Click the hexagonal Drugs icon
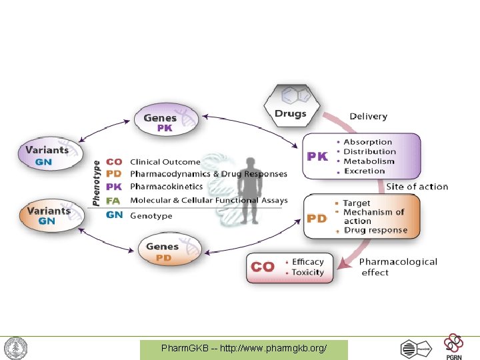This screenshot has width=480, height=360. [291, 103]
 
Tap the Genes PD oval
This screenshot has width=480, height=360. [163, 251]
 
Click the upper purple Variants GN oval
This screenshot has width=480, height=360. [47, 154]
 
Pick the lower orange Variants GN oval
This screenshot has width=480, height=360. [47, 215]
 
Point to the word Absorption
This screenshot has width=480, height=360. [368, 142]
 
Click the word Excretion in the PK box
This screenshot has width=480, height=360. [365, 171]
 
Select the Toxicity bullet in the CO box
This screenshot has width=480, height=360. [307, 272]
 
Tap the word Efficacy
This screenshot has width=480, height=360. [307, 262]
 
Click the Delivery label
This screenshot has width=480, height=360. [368, 116]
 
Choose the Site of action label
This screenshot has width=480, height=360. [417, 187]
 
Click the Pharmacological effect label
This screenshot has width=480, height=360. [398, 267]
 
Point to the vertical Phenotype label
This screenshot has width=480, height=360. [96, 181]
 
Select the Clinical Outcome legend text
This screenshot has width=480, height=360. [165, 162]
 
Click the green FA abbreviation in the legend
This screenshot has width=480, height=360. [114, 200]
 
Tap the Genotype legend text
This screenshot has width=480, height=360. [151, 215]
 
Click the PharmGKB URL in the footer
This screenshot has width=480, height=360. [244, 349]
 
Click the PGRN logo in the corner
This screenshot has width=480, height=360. [455, 346]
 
